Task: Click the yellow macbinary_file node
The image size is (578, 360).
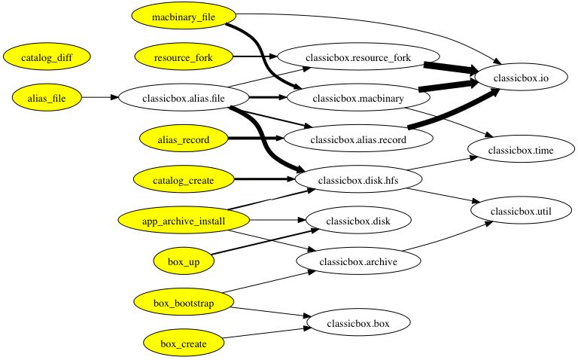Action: (x=184, y=16)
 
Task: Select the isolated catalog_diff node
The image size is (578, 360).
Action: (x=46, y=56)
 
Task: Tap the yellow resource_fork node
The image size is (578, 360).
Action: (x=184, y=56)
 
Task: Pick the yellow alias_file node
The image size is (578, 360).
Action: (x=46, y=97)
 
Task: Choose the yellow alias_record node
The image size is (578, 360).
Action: (x=184, y=139)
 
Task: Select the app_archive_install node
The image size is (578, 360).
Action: (x=184, y=220)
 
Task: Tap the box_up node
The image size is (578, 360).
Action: (x=184, y=261)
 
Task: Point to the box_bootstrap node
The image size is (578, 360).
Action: (x=184, y=303)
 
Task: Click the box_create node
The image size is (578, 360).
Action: (x=184, y=343)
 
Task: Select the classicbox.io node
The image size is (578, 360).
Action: (x=515, y=77)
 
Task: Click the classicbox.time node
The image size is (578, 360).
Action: (x=515, y=151)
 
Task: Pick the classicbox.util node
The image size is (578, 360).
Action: (x=515, y=212)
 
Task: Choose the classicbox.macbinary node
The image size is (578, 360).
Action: (x=358, y=98)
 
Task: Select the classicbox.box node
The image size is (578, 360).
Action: (x=358, y=323)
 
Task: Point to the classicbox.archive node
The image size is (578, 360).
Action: (x=358, y=261)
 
